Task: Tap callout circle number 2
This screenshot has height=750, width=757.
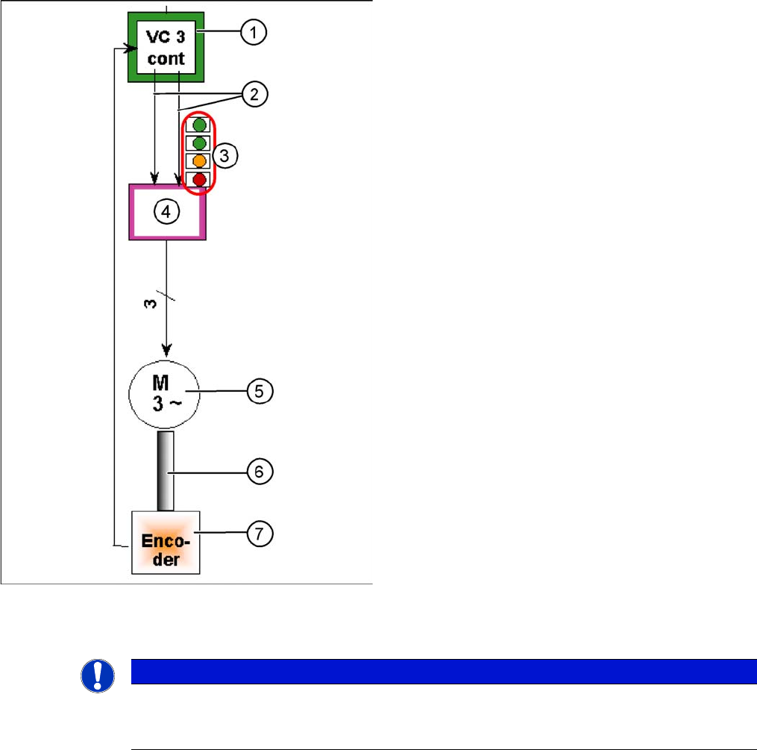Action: point(254,94)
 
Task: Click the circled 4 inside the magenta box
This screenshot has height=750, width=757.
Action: point(167,211)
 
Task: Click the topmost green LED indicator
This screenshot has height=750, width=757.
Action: point(199,125)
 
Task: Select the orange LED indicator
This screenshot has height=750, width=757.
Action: point(199,160)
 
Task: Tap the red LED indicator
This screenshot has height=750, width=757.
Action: point(199,179)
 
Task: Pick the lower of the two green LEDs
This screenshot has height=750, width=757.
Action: point(199,143)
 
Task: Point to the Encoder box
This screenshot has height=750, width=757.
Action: point(166,542)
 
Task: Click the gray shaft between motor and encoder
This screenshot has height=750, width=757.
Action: point(166,470)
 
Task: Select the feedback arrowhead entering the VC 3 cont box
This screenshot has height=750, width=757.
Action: point(122,49)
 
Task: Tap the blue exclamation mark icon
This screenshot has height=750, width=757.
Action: point(98,675)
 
